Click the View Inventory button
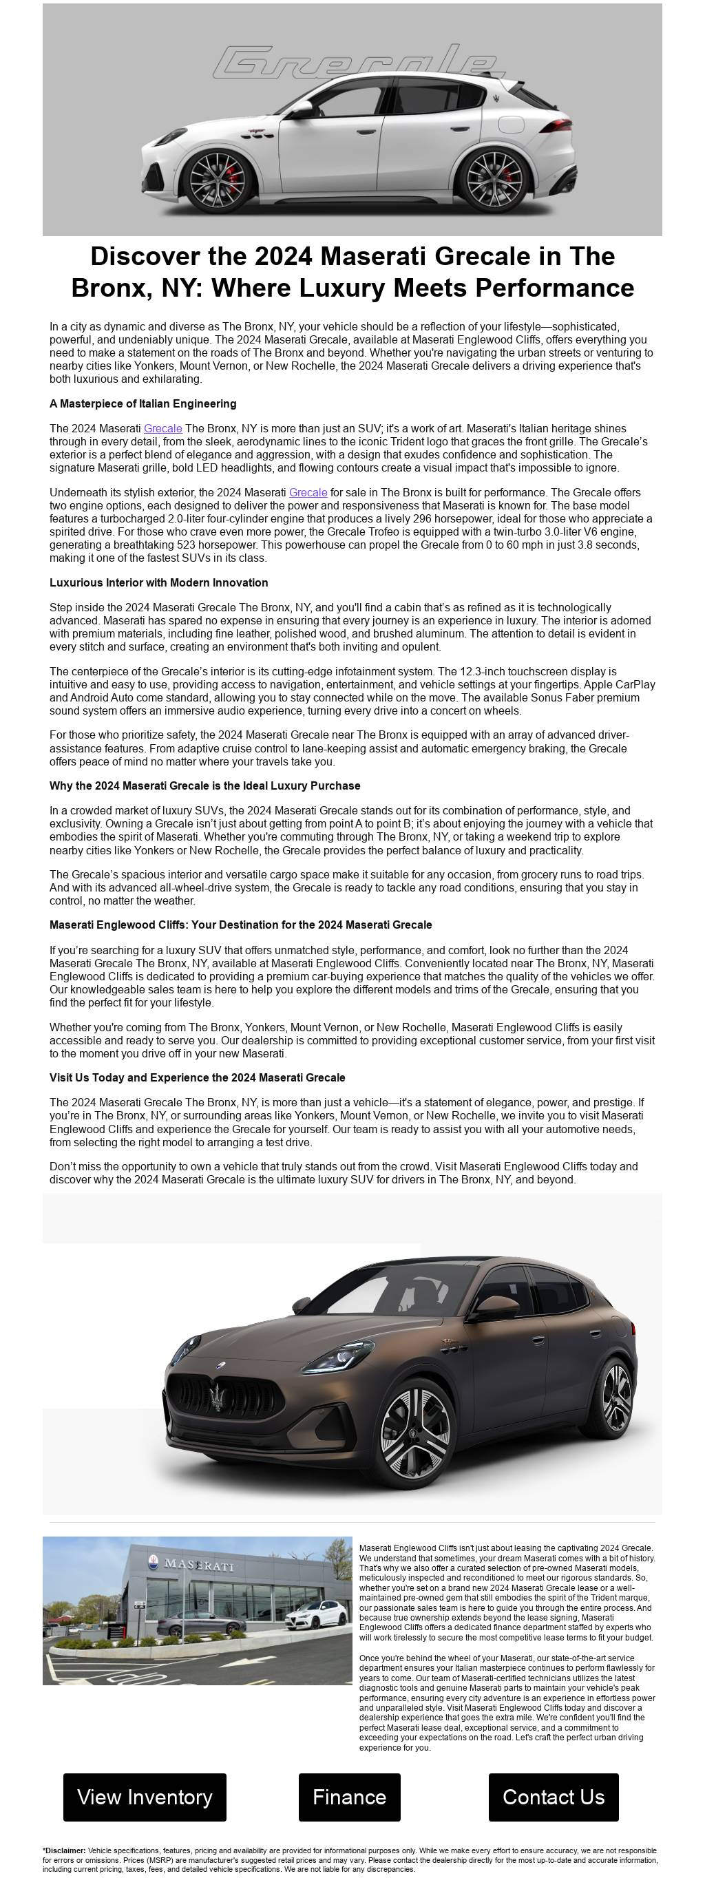pos(145,1796)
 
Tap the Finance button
pos(349,1796)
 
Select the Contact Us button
pos(554,1796)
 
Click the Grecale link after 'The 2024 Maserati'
pos(162,428)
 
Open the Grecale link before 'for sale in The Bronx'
pos(308,492)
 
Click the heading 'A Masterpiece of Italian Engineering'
pos(143,403)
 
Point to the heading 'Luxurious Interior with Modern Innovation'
pos(159,582)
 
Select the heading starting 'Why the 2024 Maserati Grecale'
pos(205,785)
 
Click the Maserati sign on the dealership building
pos(199,1564)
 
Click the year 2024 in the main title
pos(283,256)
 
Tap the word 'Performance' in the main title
pos(555,288)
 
